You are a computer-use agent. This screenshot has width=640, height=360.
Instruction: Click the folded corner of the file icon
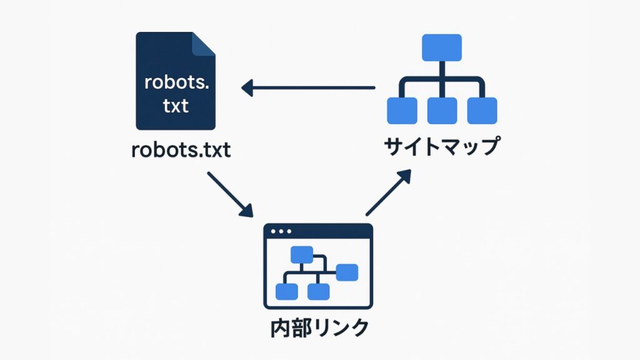tap(204, 45)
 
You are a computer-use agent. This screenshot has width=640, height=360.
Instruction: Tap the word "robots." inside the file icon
tap(176, 82)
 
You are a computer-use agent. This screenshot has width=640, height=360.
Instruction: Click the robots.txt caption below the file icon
tap(181, 151)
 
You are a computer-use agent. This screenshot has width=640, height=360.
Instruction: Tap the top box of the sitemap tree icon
tap(442, 47)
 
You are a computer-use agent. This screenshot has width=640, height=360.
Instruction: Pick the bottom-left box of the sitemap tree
tap(402, 111)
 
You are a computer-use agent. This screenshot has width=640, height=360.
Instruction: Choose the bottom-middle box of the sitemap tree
tap(442, 111)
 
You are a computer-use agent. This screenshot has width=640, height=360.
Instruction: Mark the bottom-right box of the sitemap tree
tap(482, 111)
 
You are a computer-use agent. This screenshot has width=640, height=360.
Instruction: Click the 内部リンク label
tap(319, 327)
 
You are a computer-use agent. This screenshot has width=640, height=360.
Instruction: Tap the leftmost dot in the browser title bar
tap(272, 232)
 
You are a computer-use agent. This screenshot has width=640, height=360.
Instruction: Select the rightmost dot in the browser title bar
tap(289, 232)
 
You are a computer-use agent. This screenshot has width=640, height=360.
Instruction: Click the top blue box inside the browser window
tap(301, 254)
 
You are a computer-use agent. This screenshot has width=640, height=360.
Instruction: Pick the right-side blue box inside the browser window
tap(347, 272)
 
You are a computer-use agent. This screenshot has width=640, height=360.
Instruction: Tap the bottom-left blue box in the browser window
tap(287, 291)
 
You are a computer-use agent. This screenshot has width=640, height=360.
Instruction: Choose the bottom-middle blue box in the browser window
tap(319, 291)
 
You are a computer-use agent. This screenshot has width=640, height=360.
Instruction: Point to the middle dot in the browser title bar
tap(281, 232)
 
